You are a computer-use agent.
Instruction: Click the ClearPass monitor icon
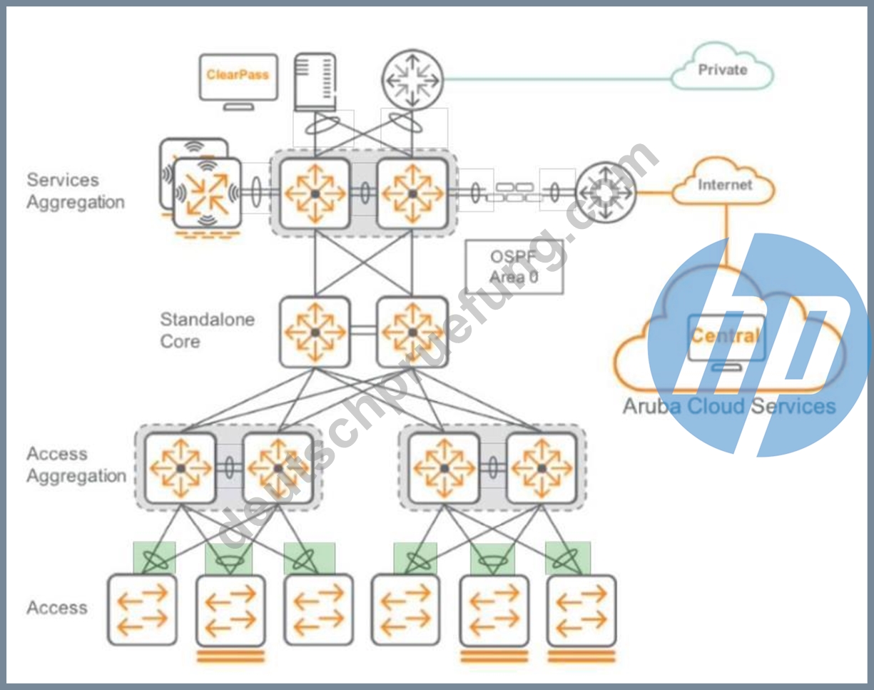click(238, 81)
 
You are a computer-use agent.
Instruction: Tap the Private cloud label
click(723, 70)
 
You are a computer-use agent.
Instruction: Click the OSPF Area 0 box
click(514, 266)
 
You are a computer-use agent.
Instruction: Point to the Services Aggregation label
click(76, 191)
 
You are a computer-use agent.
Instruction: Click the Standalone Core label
click(207, 330)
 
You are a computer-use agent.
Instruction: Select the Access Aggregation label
click(76, 465)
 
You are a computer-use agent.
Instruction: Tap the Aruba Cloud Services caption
click(729, 406)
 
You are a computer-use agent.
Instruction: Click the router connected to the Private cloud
click(412, 80)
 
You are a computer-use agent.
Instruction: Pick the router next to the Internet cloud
click(606, 192)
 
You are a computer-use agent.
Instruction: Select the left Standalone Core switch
click(315, 333)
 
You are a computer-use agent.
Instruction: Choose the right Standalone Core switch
click(412, 333)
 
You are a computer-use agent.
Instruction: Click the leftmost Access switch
click(142, 610)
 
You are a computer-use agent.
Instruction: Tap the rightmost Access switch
click(581, 610)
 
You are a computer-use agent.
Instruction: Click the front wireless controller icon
click(207, 193)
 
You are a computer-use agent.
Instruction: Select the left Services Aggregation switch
click(315, 193)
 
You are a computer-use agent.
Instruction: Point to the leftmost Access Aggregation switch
click(181, 468)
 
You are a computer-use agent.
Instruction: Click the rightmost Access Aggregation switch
click(542, 468)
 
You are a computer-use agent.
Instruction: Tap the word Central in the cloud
click(725, 336)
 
